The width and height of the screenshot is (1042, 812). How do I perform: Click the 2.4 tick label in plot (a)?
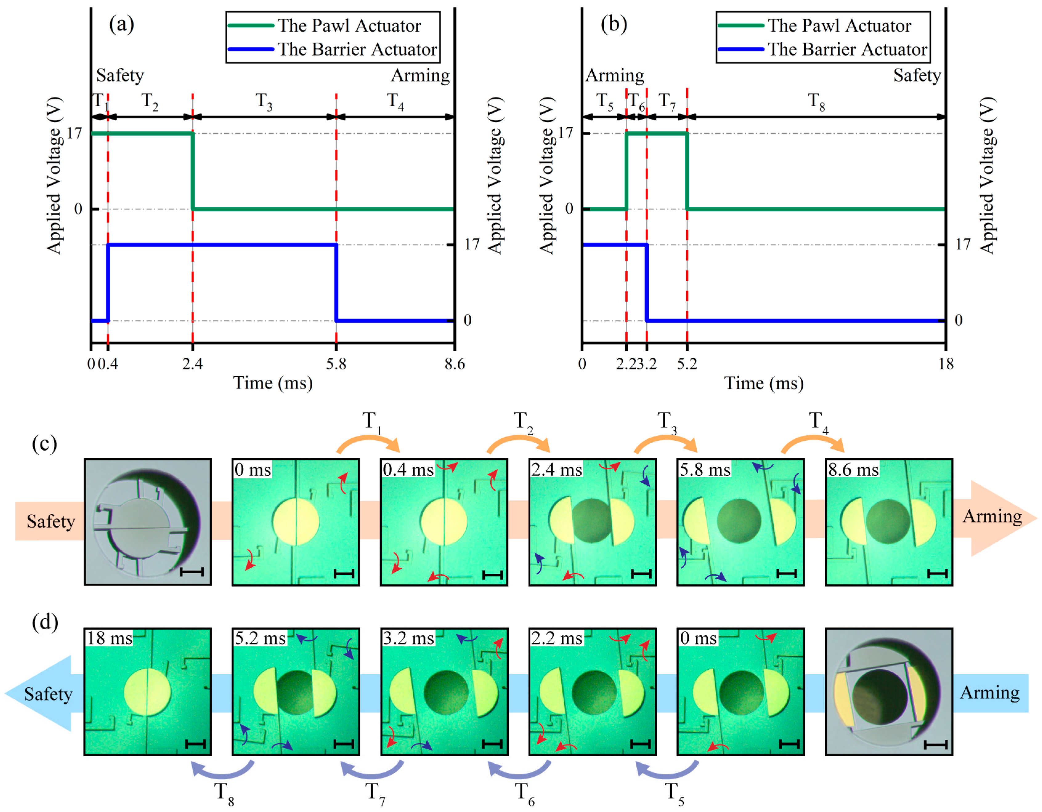pos(192,364)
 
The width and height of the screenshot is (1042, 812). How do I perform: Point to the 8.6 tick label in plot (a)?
pos(454,364)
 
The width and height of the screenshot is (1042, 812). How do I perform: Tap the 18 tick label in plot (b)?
pos(946,364)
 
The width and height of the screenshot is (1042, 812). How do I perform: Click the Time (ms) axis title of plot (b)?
pos(764,383)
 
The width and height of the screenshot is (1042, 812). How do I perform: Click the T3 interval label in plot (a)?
pos(264,101)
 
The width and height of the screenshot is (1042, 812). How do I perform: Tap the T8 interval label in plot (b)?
pos(816,101)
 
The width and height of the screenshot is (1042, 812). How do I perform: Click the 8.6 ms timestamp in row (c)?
pos(853,470)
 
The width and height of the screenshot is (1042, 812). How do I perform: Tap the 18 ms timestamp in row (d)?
pos(109,638)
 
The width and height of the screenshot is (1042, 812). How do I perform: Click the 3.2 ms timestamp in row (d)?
pos(408,638)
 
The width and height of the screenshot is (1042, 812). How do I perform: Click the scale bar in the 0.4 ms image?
pos(493,575)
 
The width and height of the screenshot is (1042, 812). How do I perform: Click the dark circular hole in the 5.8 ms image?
pos(739,521)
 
